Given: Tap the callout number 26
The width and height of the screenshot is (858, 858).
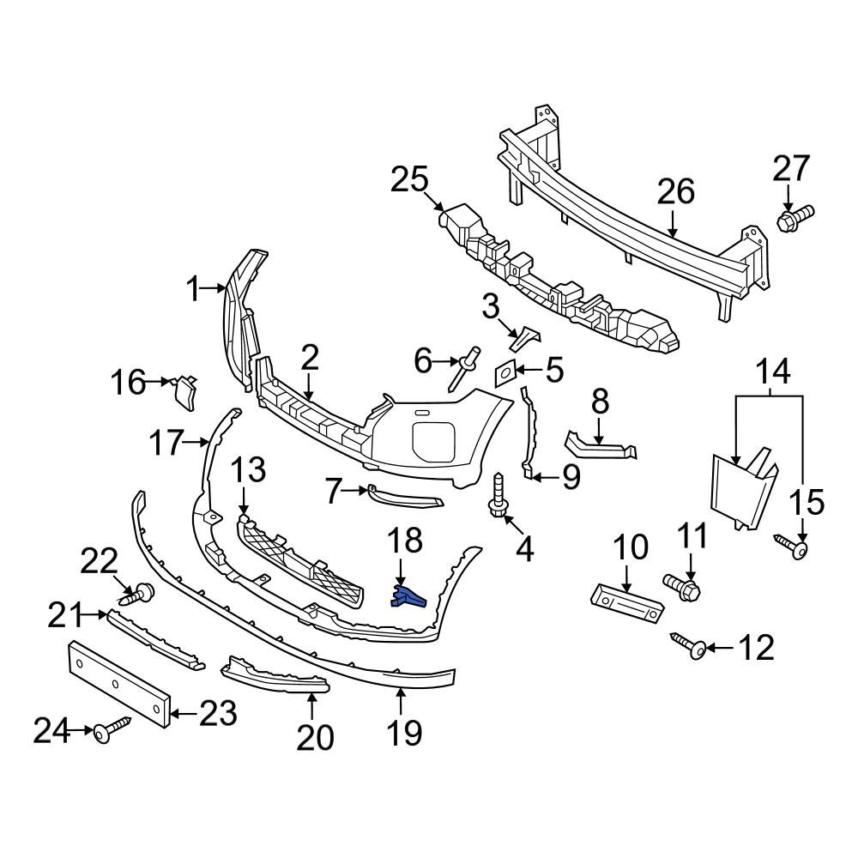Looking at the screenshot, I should click(x=675, y=192).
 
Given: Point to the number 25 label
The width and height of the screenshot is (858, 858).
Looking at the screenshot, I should click(x=409, y=181).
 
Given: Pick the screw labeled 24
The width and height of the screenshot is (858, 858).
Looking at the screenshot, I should click(x=112, y=730).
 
